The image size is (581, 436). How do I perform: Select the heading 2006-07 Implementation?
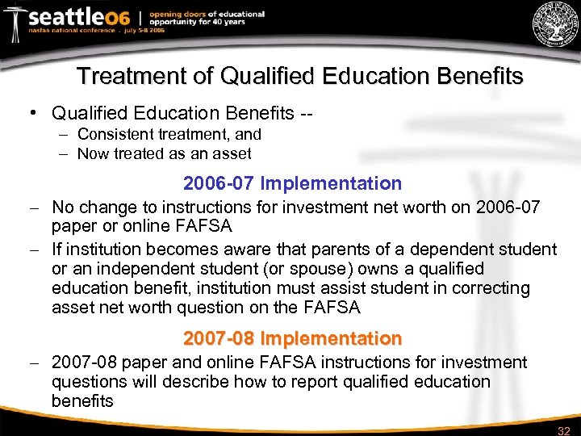coord(292,184)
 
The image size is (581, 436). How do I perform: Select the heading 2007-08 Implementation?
coord(292,337)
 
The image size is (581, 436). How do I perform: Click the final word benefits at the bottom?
coord(82,401)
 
